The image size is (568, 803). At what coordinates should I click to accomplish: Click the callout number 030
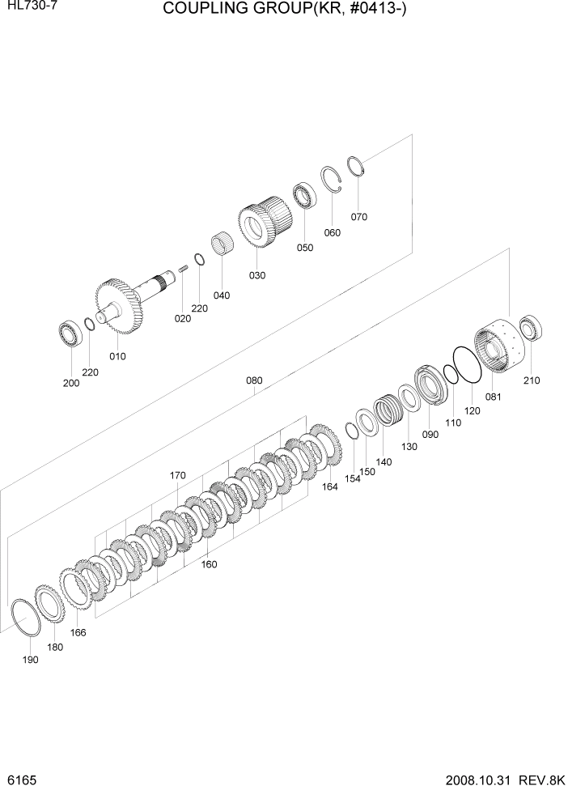click(x=256, y=275)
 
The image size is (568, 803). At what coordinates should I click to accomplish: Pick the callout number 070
click(x=358, y=217)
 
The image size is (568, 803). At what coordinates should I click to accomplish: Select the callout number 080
click(x=254, y=380)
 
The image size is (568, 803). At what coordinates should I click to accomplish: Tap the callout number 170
click(x=178, y=475)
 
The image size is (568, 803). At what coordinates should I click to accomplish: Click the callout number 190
click(x=31, y=661)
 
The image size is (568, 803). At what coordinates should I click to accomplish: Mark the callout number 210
click(x=531, y=380)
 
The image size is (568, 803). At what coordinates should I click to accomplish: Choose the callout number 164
click(x=329, y=486)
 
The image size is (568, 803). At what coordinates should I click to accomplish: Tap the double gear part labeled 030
click(x=264, y=222)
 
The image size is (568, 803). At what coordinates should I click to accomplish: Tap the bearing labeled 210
click(x=532, y=329)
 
